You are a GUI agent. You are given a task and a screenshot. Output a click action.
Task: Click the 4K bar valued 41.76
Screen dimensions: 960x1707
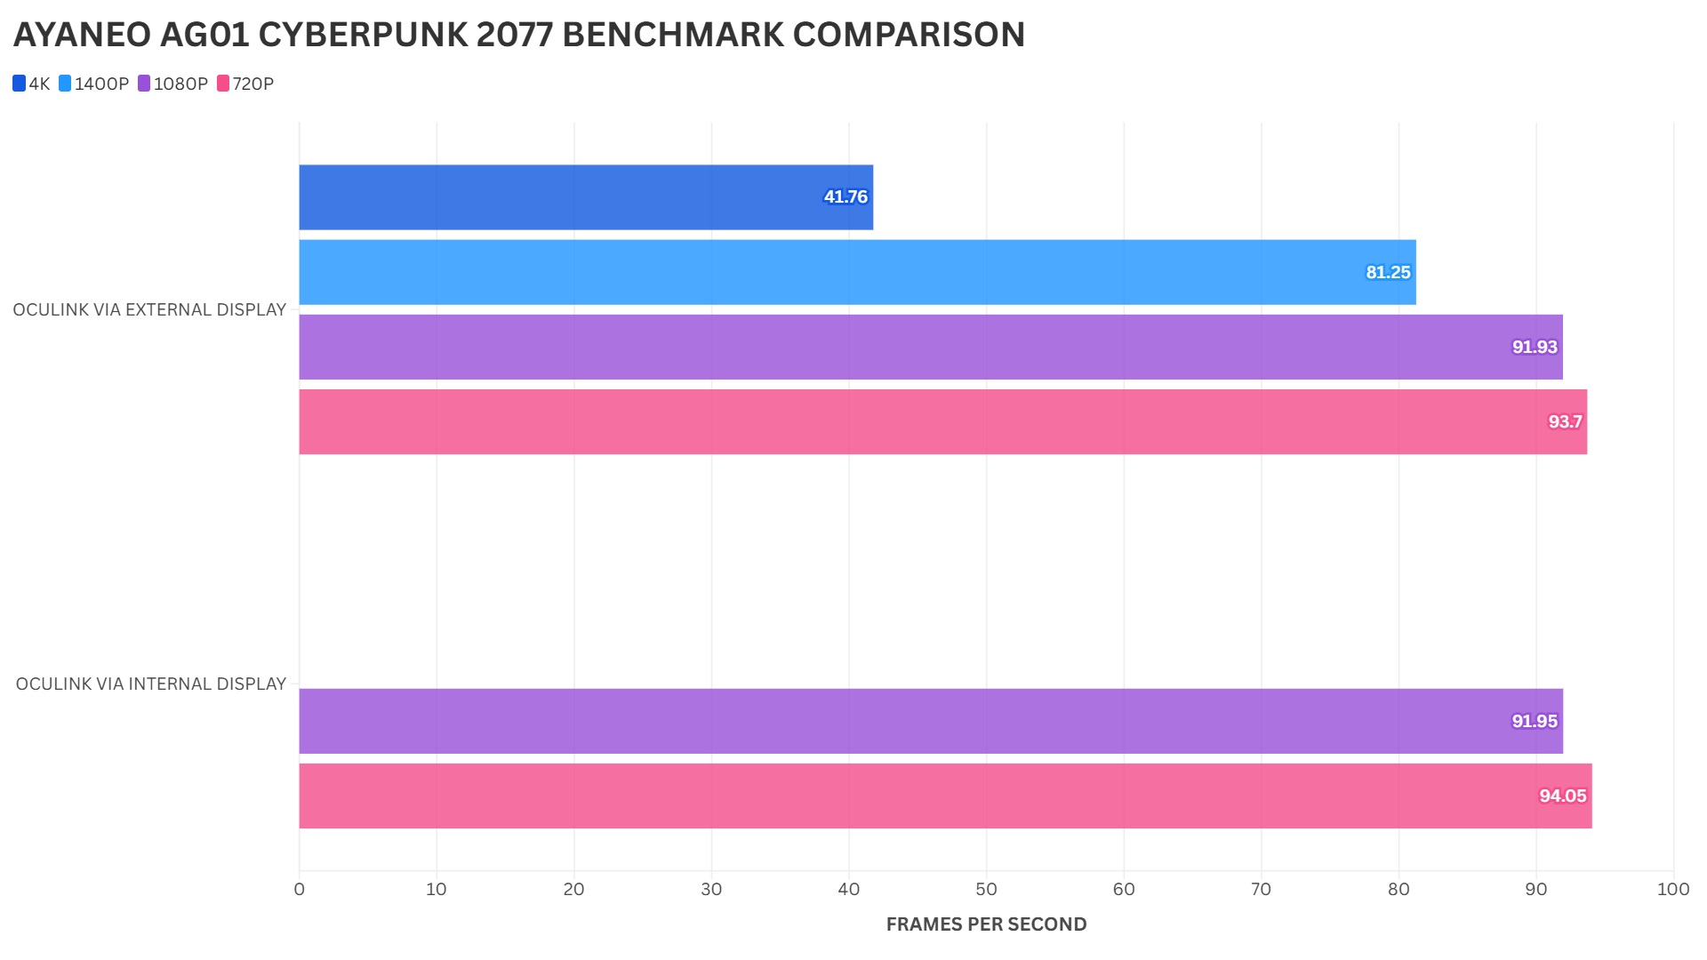(586, 197)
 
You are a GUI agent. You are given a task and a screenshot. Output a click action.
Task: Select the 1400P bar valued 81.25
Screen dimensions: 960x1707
(857, 272)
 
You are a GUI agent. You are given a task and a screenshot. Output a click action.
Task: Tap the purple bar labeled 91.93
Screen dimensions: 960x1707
(930, 347)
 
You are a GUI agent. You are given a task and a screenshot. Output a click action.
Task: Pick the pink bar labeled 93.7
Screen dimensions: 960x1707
(942, 421)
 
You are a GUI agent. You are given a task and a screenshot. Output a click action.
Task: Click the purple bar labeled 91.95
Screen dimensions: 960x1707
(930, 721)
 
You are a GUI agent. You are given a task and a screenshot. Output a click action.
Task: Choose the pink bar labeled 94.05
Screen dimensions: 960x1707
(945, 796)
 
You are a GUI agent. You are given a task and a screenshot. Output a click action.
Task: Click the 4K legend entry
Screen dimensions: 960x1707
(31, 84)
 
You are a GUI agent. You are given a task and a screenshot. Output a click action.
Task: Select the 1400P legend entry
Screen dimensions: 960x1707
(93, 84)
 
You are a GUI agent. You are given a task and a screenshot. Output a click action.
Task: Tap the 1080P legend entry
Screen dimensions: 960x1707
(172, 84)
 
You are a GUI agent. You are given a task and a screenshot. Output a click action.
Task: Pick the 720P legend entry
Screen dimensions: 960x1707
(245, 84)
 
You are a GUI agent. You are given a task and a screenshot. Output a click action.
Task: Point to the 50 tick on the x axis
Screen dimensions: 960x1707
(986, 889)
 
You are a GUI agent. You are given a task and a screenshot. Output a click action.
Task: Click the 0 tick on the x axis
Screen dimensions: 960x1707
(299, 889)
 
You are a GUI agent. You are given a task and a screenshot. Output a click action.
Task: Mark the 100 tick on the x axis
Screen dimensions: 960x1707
(1673, 889)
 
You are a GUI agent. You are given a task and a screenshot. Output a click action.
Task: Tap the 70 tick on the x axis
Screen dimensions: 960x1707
(1261, 889)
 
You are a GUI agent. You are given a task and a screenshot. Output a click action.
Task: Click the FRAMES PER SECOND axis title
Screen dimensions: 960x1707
(986, 924)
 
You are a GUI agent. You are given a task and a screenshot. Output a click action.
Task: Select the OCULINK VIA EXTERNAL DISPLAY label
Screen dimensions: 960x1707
(149, 310)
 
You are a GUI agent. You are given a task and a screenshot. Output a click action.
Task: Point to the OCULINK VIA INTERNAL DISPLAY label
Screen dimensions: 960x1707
(151, 684)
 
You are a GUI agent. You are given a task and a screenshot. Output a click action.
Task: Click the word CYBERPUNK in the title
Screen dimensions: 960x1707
(363, 35)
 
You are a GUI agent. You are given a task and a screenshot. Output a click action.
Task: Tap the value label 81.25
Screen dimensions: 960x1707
(1388, 272)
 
